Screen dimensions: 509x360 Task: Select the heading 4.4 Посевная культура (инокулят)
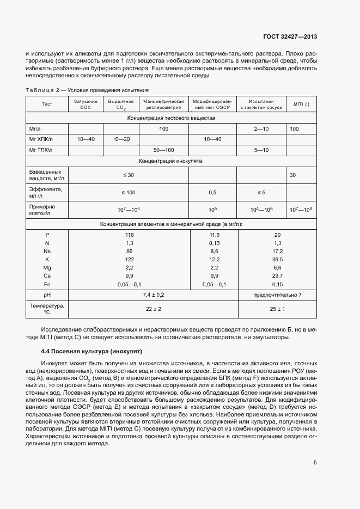(x=91, y=352)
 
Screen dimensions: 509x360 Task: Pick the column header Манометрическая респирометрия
(x=163, y=104)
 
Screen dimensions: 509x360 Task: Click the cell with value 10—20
(x=120, y=139)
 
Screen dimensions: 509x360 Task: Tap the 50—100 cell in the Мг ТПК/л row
(x=163, y=150)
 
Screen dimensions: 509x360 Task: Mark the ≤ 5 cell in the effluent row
(x=261, y=192)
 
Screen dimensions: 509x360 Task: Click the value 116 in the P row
(x=129, y=234)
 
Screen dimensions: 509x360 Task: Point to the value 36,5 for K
(x=277, y=260)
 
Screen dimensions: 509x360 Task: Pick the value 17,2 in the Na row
(x=277, y=251)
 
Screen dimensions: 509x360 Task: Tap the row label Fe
(x=47, y=284)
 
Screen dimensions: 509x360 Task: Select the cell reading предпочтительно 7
(x=277, y=295)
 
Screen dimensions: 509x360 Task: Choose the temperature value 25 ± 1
(x=277, y=309)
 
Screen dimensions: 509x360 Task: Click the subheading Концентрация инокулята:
(x=171, y=161)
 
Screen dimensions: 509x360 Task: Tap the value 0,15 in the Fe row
(x=277, y=284)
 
